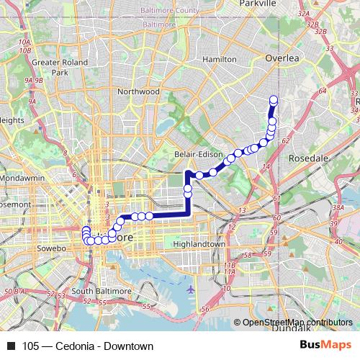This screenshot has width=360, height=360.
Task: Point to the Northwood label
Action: click(x=138, y=91)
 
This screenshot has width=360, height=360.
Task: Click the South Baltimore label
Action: click(x=103, y=291)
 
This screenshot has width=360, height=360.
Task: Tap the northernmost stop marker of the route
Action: click(x=274, y=100)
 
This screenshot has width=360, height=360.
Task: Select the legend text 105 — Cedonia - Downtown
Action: click(x=88, y=346)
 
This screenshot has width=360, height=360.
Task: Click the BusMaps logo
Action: click(x=325, y=346)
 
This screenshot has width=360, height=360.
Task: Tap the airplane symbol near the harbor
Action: click(x=190, y=289)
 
